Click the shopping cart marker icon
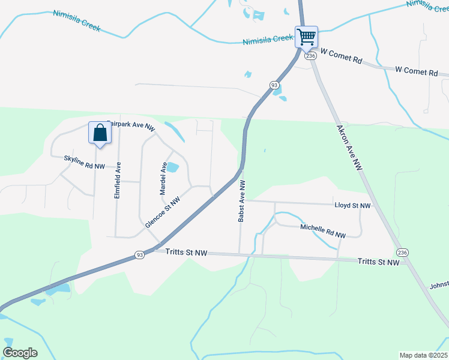[306, 37]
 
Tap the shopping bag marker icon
[100, 133]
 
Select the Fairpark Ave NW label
[131, 125]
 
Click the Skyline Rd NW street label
[85, 161]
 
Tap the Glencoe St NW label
[163, 212]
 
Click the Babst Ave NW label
[241, 201]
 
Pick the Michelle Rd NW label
[323, 232]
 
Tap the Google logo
[20, 352]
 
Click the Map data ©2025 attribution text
[423, 355]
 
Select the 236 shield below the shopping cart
[310, 55]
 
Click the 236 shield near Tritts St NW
[402, 252]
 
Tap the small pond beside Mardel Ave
[172, 167]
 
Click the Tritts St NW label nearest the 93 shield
[186, 253]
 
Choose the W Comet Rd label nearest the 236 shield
[342, 61]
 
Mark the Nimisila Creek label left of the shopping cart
[268, 40]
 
